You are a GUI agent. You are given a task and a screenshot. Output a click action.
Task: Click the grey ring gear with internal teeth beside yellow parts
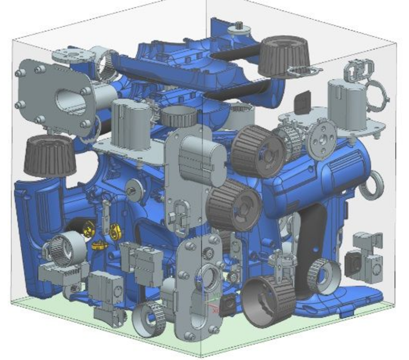(x=67, y=245)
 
